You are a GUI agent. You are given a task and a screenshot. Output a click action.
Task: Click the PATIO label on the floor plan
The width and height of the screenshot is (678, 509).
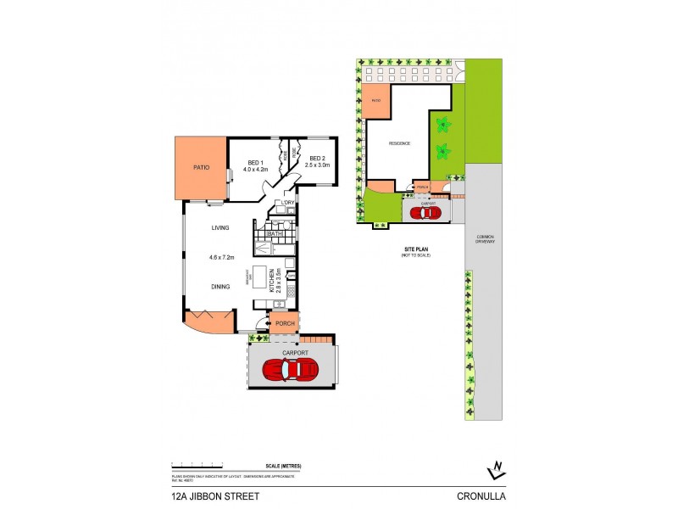coord(201,168)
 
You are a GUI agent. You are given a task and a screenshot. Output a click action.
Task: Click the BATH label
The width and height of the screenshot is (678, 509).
coord(275,233)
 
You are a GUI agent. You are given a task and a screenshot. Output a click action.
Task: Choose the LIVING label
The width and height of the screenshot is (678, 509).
coord(221,228)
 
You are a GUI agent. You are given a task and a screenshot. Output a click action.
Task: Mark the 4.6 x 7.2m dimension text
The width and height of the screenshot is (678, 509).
coord(221,256)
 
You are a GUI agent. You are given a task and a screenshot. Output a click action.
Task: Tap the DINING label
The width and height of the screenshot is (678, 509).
coord(221,287)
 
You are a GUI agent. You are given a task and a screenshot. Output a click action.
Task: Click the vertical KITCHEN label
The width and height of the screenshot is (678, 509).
coord(273,281)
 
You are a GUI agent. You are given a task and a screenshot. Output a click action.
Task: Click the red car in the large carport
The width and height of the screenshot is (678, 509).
coord(291,370)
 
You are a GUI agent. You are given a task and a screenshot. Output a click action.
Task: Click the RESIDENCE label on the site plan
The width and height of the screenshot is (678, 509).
coord(399,143)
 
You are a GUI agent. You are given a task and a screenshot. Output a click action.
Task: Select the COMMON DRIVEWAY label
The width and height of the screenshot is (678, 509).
coord(484,239)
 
